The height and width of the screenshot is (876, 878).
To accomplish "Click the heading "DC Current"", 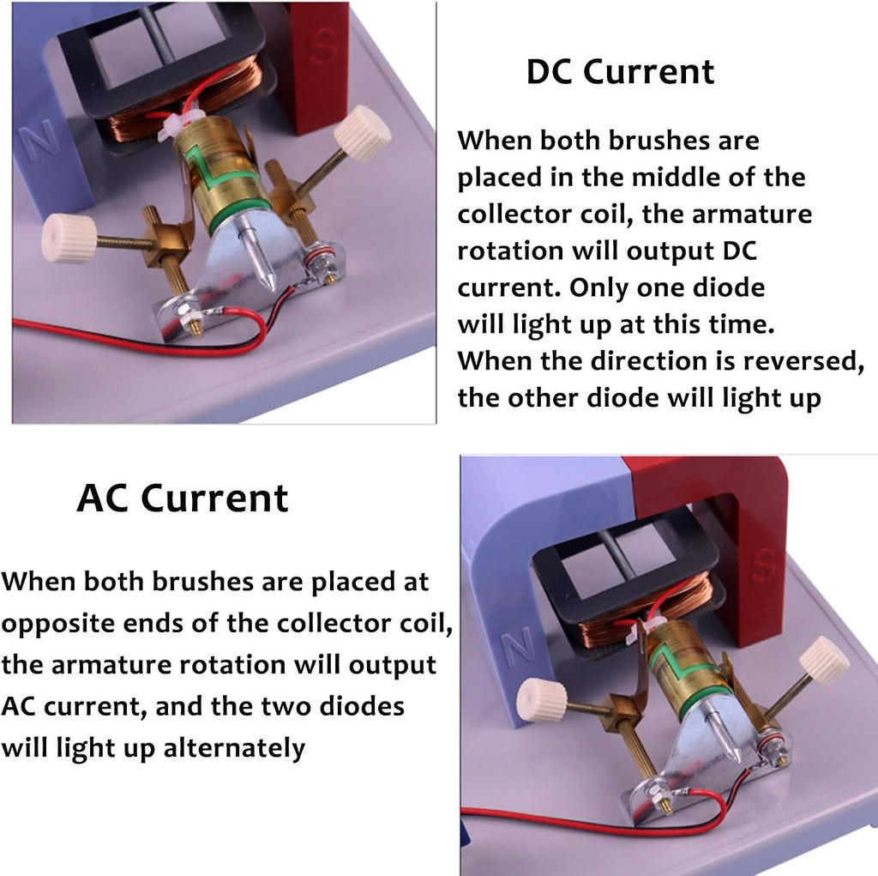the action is (620, 72).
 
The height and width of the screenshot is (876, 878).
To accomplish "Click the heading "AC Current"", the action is (183, 498).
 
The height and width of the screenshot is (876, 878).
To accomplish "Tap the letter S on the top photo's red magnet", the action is (323, 45).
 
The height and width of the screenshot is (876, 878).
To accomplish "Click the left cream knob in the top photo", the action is (69, 239).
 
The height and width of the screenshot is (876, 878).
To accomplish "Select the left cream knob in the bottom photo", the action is (542, 701).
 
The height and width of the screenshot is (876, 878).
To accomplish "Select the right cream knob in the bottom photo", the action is (824, 662).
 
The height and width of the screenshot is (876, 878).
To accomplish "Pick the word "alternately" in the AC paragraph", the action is (234, 748).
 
